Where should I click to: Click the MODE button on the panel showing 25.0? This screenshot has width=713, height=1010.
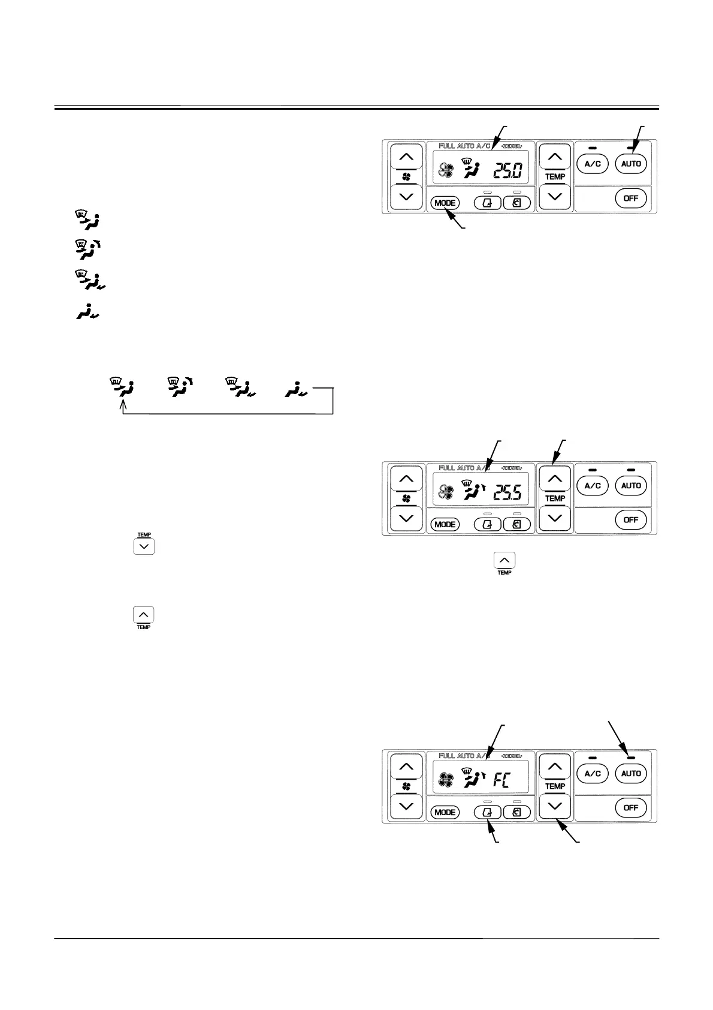point(445,203)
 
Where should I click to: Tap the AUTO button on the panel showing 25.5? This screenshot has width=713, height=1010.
point(631,485)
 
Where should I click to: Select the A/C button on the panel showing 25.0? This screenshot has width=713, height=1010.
point(592,164)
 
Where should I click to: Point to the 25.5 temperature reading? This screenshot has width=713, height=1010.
point(507,493)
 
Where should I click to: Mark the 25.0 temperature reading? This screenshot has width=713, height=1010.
point(507,172)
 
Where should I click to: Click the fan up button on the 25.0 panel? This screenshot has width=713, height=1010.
point(406,157)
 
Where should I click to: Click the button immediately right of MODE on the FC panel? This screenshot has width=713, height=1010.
point(487,812)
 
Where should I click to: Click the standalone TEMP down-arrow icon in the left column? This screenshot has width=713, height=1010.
point(144,546)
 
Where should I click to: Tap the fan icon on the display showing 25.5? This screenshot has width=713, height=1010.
point(446,493)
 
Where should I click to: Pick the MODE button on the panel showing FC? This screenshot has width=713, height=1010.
point(445,812)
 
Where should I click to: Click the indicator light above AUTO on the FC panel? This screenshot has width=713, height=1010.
point(631,757)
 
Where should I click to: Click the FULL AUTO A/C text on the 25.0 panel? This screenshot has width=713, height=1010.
point(465,146)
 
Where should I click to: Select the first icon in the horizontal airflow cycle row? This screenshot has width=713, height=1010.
point(122,387)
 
